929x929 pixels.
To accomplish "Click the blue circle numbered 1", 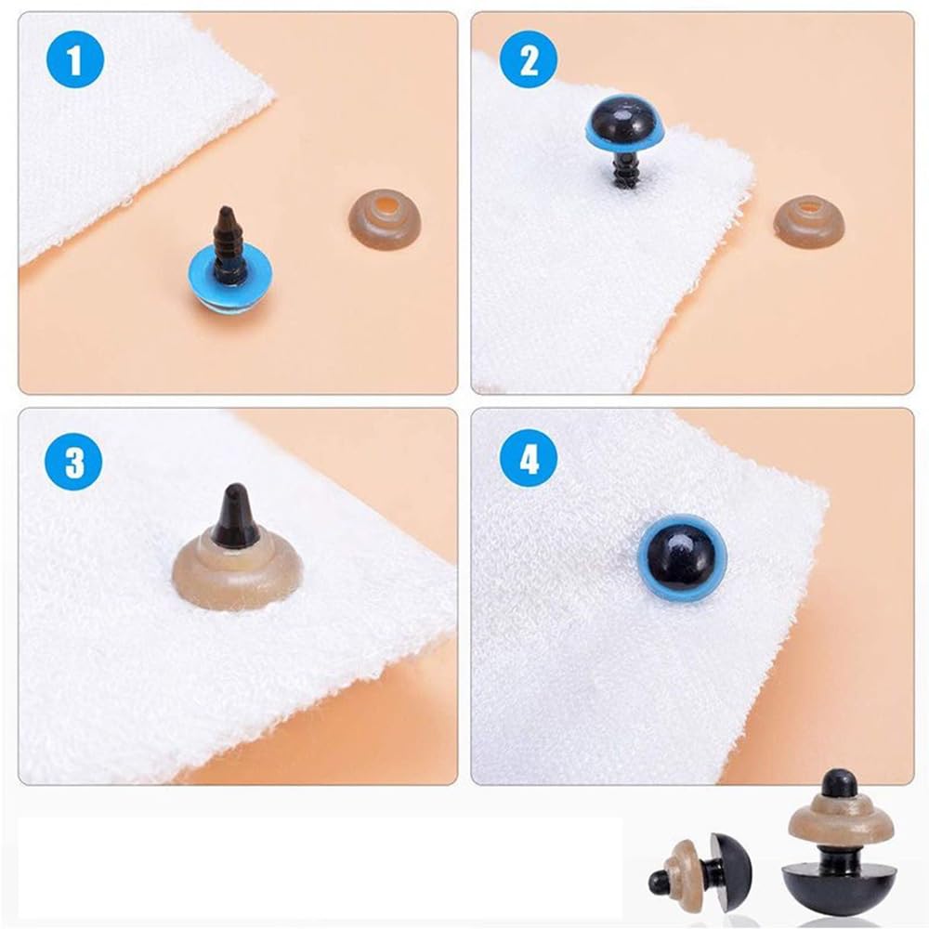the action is (x=74, y=59).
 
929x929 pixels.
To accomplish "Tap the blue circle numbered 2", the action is (x=529, y=59).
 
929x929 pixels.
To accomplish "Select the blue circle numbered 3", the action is (x=74, y=462).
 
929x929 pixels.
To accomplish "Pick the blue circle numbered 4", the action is (x=529, y=459).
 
